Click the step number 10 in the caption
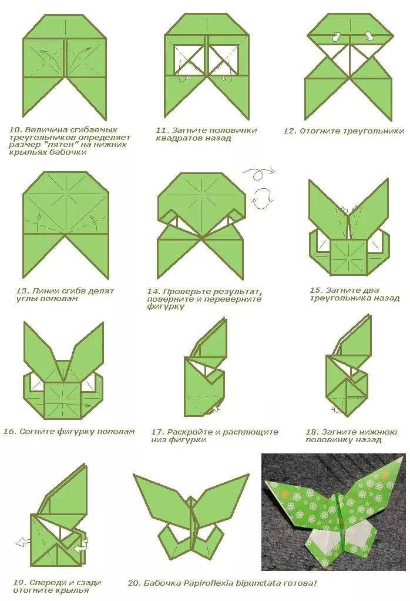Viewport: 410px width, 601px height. click(x=14, y=129)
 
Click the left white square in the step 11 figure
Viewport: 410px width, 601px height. click(x=189, y=59)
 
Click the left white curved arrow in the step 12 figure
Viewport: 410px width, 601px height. click(x=337, y=37)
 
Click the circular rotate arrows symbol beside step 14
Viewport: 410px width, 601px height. click(x=263, y=198)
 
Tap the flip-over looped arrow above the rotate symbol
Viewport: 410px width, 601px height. click(x=259, y=173)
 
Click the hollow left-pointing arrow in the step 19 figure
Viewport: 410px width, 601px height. click(x=23, y=542)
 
